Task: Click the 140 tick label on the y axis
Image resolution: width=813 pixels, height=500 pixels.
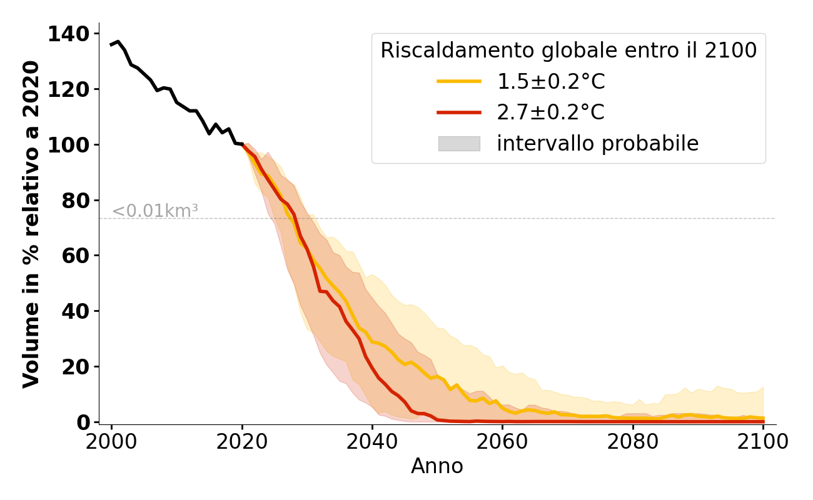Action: point(69,34)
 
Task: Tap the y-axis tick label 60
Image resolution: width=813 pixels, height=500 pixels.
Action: point(76,256)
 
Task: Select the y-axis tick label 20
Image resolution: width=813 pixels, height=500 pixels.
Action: point(76,367)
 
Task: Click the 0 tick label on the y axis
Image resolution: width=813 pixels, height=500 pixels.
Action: point(83,422)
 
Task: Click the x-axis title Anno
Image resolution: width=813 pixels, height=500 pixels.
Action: point(437,467)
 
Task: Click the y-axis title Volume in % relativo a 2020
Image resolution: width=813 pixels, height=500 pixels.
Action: point(31,224)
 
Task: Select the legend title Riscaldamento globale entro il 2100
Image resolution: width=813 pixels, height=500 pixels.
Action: point(568,51)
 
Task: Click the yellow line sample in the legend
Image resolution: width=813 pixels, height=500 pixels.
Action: point(459,81)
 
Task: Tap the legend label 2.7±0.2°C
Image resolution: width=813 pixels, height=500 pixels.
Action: point(550,112)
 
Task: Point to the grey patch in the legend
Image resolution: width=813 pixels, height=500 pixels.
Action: point(459,144)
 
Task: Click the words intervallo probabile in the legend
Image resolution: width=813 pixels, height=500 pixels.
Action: point(597,144)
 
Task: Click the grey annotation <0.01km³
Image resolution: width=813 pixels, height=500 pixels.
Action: point(155,211)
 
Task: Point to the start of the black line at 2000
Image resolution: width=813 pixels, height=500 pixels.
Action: point(111,45)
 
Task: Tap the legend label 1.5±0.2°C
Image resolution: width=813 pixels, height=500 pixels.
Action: point(550,81)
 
